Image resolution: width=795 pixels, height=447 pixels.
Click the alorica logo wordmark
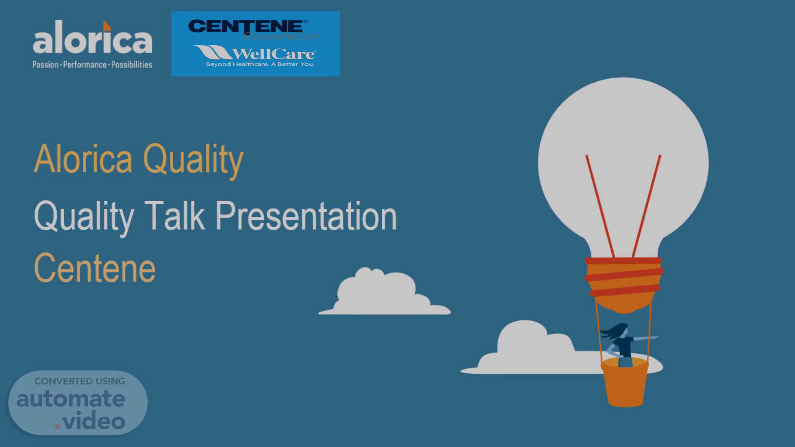tap(92, 38)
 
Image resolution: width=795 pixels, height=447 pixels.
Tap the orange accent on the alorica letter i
tap(107, 26)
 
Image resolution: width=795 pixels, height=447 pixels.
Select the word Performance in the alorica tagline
tap(85, 65)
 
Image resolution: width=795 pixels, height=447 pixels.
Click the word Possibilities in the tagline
tap(132, 65)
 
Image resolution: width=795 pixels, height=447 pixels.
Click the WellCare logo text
tap(255, 53)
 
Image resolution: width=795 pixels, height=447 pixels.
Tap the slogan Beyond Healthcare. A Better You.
tap(260, 64)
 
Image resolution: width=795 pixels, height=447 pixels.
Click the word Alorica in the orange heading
tap(83, 159)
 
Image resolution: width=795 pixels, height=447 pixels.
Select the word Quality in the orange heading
tap(193, 161)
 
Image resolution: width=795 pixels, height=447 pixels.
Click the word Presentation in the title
tap(306, 216)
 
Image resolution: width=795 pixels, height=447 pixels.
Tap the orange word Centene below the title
tap(95, 269)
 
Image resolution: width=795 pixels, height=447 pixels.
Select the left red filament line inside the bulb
tap(600, 206)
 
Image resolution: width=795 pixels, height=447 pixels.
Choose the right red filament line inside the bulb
tap(646, 206)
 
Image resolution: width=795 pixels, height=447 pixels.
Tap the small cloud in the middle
tap(384, 292)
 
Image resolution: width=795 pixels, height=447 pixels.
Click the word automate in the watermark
tap(71, 399)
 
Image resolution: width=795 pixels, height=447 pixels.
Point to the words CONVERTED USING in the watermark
tap(79, 381)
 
